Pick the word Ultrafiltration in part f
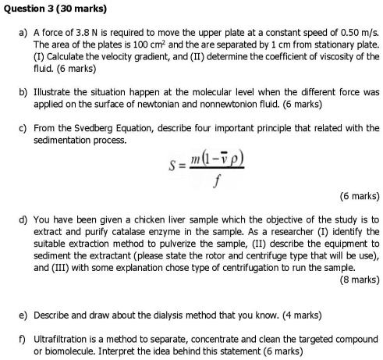(60, 338)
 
